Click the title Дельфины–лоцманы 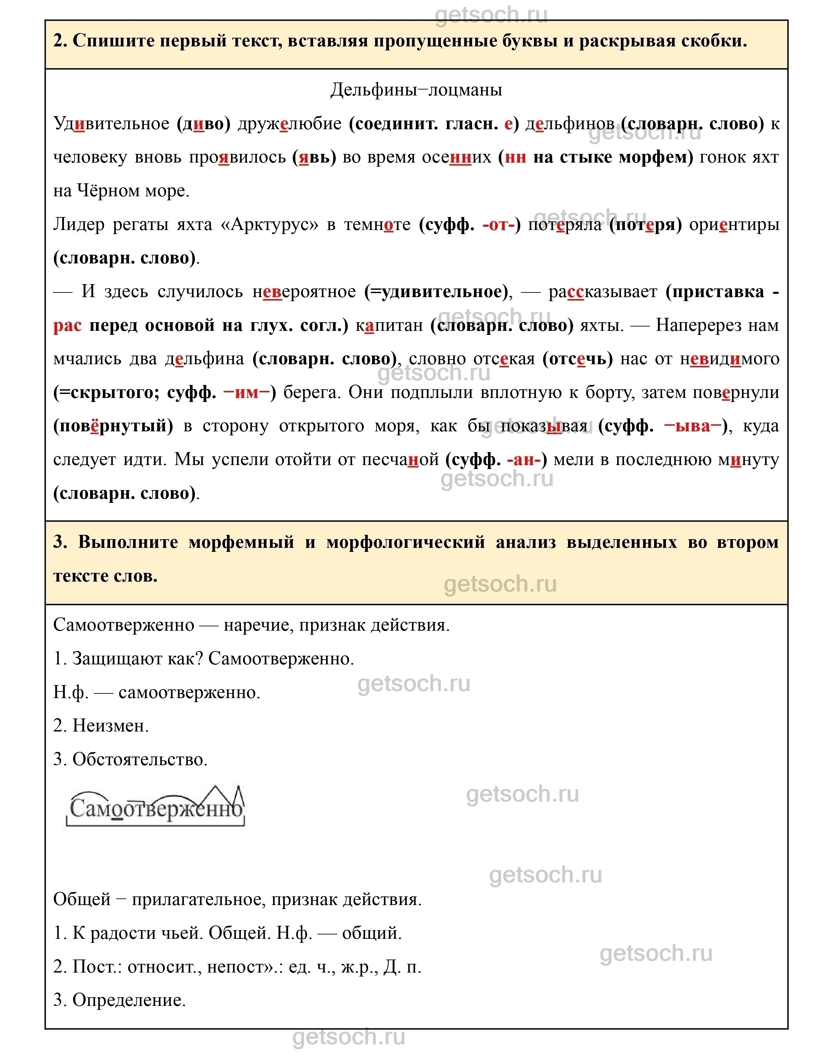point(416,90)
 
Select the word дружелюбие point(290,124)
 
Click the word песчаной point(400,459)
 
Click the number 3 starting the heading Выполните point(60,542)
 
